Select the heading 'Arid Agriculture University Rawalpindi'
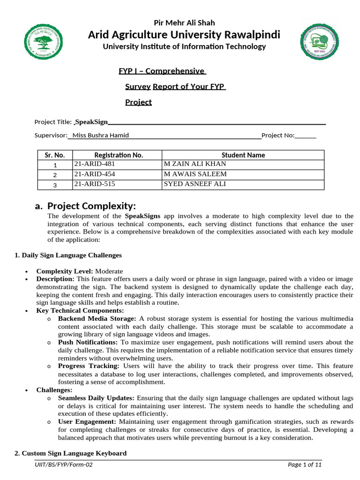[x=184, y=35]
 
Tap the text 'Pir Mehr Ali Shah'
[x=184, y=22]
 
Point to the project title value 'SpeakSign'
[x=91, y=122]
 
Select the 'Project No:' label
[x=278, y=135]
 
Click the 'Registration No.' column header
[x=118, y=155]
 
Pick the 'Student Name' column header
[x=243, y=155]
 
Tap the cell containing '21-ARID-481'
[x=94, y=164]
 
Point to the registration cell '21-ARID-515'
[x=94, y=184]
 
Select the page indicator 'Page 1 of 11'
[x=304, y=465]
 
